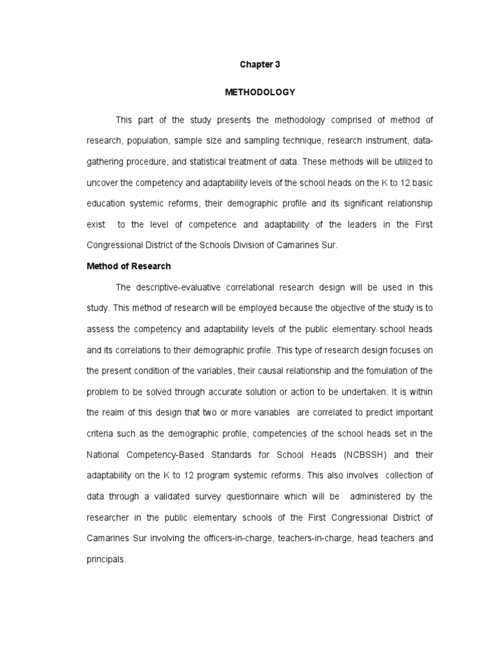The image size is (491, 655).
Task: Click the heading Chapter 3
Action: click(260, 65)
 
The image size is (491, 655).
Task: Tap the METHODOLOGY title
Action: click(260, 92)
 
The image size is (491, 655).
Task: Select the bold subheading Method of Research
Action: click(129, 266)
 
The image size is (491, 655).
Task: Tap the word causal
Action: click(261, 371)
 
